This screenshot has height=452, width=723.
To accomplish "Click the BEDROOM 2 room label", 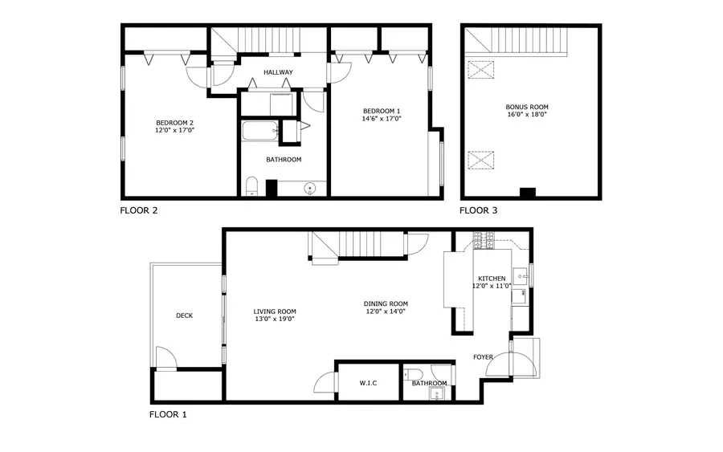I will point(174,123).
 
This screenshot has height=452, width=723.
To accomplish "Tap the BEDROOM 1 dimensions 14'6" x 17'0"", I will point(381,119).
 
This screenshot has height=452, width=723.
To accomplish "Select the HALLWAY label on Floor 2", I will point(278,72).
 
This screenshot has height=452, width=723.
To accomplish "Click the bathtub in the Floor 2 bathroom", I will point(259,131).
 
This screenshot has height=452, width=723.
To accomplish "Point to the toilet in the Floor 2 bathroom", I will point(251,187).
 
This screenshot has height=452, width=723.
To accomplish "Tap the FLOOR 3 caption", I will point(478,211).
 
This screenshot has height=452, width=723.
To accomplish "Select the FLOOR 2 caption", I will point(139,211).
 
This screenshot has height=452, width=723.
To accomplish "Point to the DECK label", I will point(184,316).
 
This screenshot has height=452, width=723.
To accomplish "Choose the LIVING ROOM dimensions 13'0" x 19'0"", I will point(275,320).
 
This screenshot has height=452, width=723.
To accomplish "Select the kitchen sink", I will point(521,276).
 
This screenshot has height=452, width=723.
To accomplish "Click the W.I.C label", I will point(368,383).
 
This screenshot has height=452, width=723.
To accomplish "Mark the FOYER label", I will point(483,357).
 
